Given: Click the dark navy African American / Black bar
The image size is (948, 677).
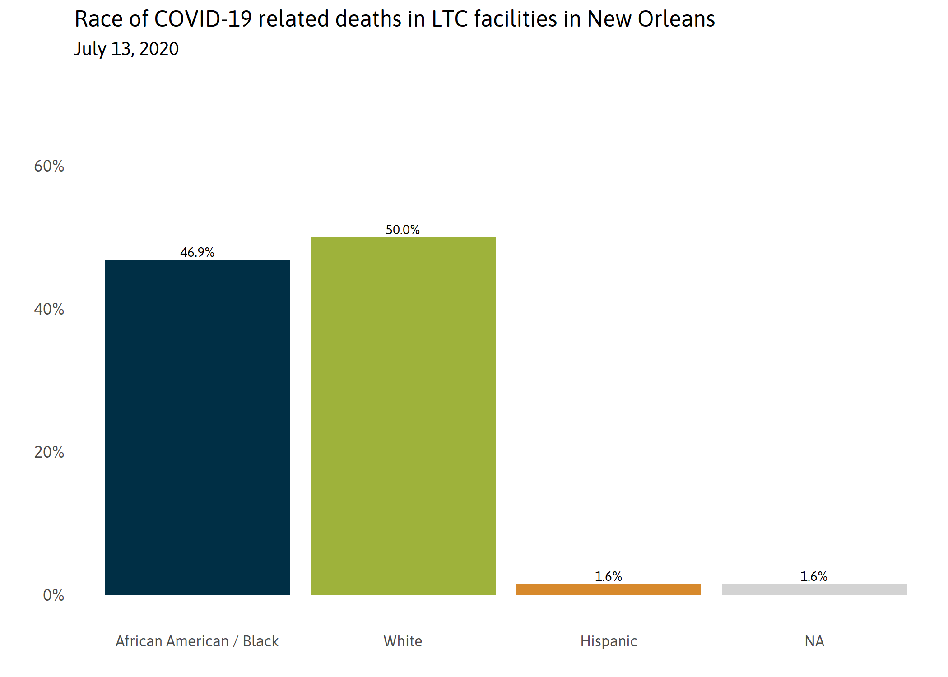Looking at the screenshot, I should (x=197, y=427).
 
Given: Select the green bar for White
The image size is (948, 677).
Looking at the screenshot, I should (x=403, y=416).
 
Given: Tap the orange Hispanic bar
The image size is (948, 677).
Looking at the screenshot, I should (x=608, y=589).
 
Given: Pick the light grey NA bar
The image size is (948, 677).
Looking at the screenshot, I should (x=814, y=589).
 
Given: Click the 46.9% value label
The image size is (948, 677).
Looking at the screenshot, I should (x=197, y=252).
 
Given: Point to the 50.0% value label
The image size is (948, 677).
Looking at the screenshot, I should (x=403, y=230).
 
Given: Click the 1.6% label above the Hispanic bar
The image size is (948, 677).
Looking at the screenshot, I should (x=608, y=576).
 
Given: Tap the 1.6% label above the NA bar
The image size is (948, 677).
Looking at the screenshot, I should (x=814, y=576).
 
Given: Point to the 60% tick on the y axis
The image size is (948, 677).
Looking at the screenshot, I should (x=49, y=166).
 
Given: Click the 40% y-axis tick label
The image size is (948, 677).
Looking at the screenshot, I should (x=49, y=309).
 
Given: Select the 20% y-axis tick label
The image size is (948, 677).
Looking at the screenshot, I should (x=49, y=452).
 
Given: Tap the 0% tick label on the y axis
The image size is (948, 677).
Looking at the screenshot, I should (x=53, y=595).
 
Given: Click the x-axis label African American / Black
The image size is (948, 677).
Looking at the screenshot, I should (x=197, y=641).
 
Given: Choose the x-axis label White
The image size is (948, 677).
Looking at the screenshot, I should (x=403, y=641).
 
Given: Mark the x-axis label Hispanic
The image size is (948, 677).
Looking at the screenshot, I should (x=609, y=641).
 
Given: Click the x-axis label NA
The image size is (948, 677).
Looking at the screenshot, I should (x=814, y=641).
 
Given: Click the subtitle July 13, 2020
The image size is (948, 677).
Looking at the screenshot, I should (x=126, y=49).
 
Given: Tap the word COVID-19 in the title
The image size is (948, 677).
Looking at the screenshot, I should (x=203, y=19).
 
